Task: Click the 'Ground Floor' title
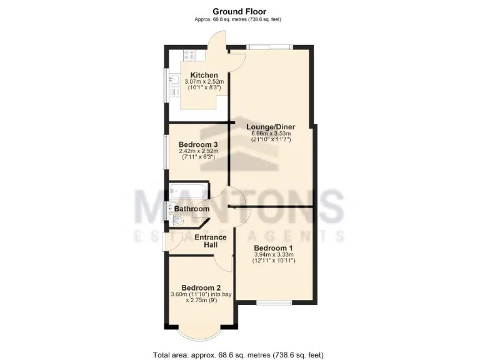click(239, 11)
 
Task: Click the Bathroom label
click(191, 209)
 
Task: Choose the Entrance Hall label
click(211, 241)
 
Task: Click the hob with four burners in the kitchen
click(189, 55)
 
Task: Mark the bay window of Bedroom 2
click(197, 331)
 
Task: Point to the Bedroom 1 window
click(274, 304)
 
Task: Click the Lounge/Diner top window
click(269, 46)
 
